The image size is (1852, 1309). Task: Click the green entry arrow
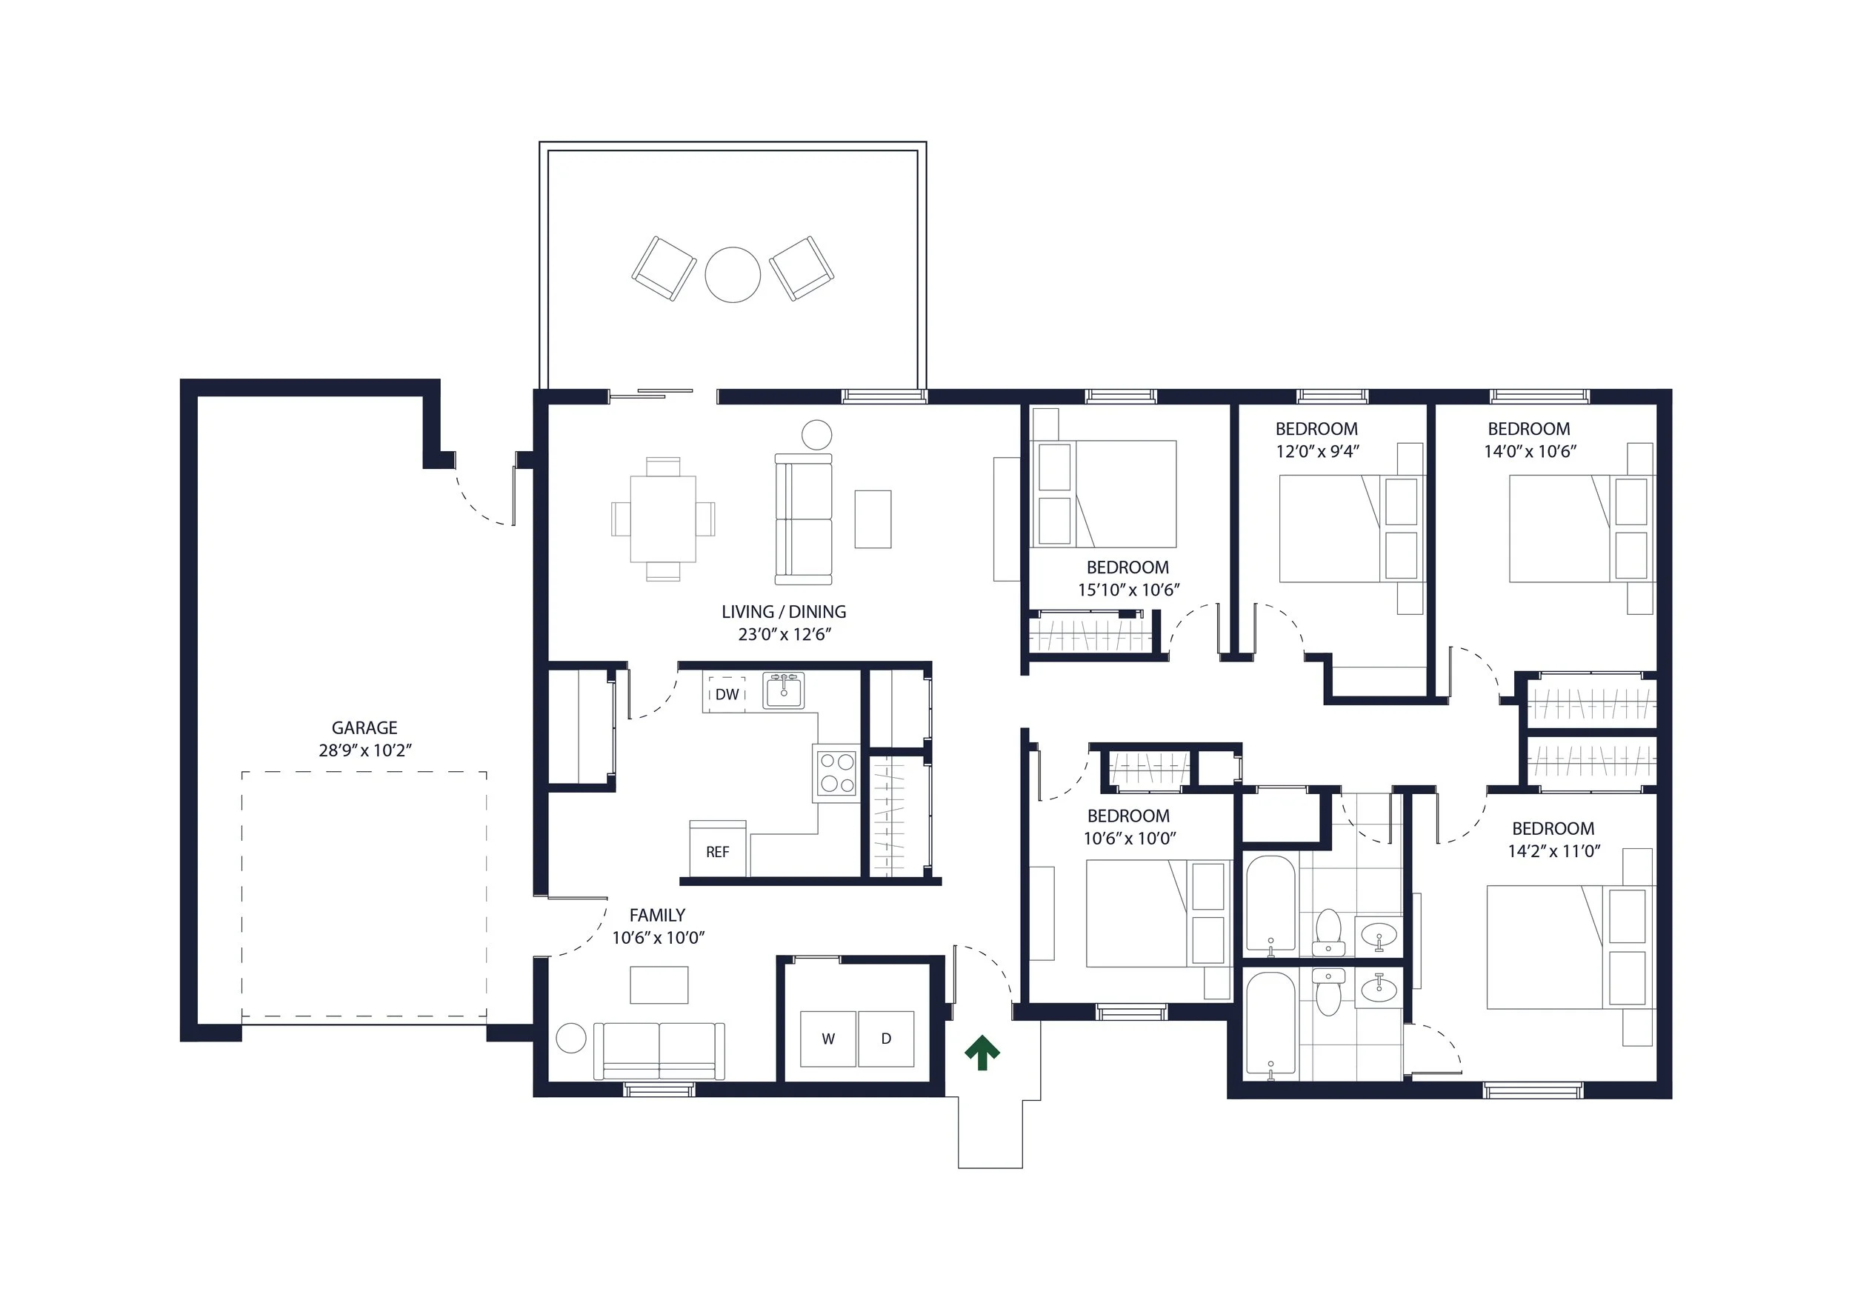click(982, 1053)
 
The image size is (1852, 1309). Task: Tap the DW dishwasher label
click(727, 694)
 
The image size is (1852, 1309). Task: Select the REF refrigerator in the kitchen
click(718, 848)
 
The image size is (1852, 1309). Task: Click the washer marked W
click(827, 1039)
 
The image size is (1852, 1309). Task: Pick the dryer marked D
click(886, 1039)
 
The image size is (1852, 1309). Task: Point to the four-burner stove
click(836, 773)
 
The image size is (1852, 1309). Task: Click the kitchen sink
click(784, 690)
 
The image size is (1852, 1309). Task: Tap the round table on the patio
click(733, 275)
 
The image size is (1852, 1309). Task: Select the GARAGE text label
click(364, 727)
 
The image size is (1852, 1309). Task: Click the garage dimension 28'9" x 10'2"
click(364, 750)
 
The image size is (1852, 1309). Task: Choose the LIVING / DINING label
click(784, 611)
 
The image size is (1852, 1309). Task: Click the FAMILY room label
click(657, 915)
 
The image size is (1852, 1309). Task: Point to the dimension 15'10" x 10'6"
click(1128, 590)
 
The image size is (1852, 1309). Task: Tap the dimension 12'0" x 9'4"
click(1317, 451)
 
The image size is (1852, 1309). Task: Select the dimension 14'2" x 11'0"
click(1553, 850)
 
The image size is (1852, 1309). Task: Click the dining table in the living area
click(663, 519)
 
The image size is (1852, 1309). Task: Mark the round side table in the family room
click(571, 1038)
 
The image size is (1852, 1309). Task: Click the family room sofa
click(659, 1051)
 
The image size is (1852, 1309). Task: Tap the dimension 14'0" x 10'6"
click(1530, 451)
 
